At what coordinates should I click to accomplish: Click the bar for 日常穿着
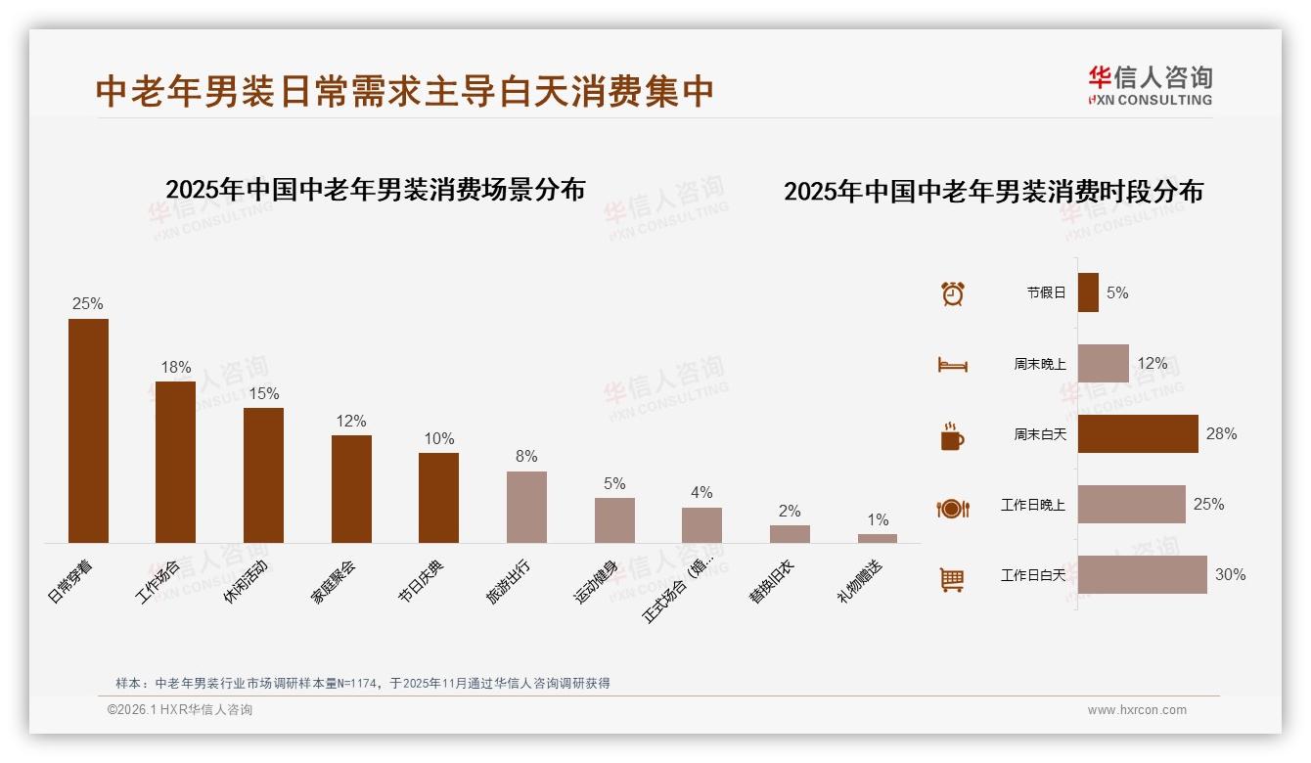[88, 430]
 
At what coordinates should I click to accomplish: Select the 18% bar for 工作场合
[175, 462]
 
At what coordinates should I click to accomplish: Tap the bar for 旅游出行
[526, 507]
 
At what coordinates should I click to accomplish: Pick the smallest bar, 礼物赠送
[878, 538]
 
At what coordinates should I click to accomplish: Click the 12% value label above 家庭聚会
[350, 421]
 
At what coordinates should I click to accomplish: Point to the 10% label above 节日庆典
[438, 438]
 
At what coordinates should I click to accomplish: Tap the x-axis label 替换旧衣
[771, 582]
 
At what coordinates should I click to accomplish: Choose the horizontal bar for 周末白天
[1138, 433]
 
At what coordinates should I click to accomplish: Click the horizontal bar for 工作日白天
[1142, 574]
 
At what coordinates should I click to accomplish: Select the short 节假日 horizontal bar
[1088, 292]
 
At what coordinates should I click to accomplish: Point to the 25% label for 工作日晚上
[1208, 504]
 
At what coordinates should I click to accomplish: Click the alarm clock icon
[953, 292]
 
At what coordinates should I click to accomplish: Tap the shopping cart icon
[952, 579]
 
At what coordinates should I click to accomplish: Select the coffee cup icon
[952, 436]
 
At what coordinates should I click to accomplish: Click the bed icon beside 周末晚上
[952, 365]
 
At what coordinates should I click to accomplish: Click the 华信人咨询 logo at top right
[1150, 85]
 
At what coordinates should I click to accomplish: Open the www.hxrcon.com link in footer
[1137, 710]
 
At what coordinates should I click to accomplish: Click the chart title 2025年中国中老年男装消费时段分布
[993, 191]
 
